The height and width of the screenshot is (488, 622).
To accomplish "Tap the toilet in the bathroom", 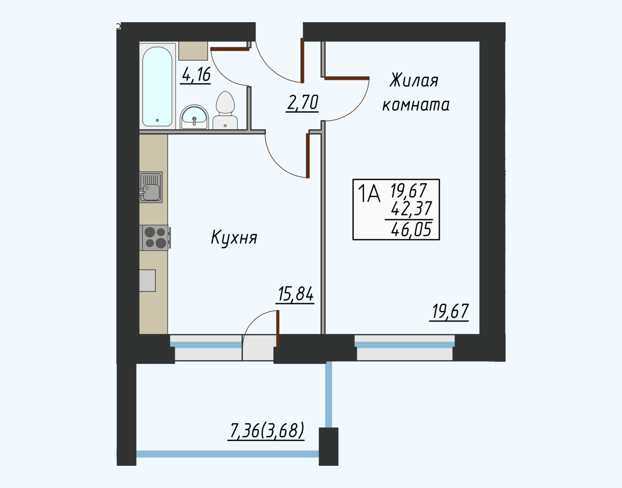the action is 225,110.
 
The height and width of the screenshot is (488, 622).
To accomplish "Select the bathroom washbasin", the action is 194,117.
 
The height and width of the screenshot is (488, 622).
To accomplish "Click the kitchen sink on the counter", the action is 151,187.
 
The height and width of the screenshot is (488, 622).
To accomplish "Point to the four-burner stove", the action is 155,238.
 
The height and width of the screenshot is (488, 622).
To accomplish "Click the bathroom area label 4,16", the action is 196,75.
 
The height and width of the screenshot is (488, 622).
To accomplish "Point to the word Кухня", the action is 234,238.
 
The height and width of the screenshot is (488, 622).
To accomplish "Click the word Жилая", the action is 414,80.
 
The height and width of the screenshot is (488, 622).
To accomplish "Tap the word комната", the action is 415,105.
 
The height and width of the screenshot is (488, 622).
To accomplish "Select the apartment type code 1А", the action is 369,193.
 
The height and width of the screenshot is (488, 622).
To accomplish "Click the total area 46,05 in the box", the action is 411,229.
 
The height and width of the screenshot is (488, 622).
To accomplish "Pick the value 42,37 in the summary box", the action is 411,208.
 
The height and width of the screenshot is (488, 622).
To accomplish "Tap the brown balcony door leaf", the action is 278,329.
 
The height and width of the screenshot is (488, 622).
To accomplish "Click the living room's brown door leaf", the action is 347,78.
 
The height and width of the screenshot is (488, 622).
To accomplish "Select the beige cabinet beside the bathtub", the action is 193,51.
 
